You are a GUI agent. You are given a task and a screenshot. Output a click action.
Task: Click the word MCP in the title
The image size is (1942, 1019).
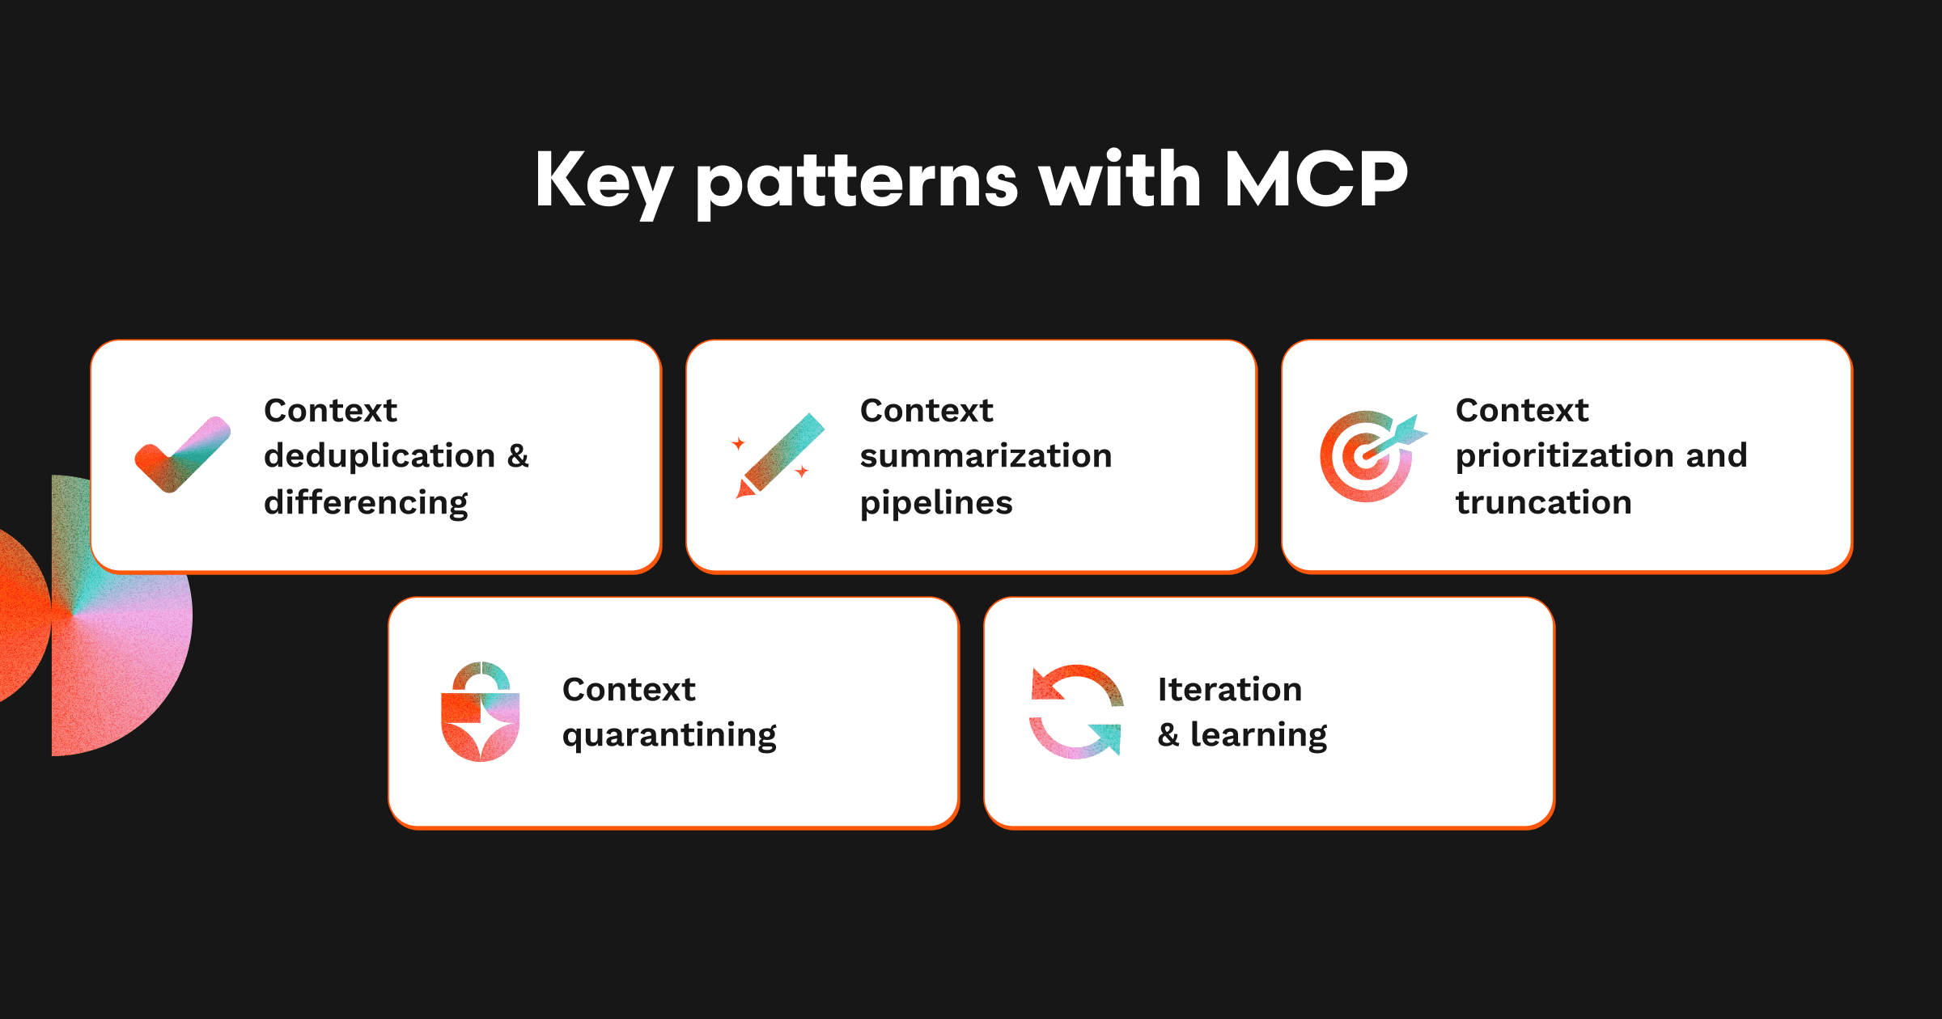coord(1316,179)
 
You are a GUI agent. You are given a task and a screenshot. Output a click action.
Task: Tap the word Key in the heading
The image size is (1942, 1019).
coord(604,184)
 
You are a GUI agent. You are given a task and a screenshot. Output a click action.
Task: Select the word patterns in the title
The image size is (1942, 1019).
coord(857,184)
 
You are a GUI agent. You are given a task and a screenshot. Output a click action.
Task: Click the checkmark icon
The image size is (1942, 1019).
coord(183,455)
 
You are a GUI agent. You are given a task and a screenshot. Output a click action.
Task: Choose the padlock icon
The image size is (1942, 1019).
coord(480,712)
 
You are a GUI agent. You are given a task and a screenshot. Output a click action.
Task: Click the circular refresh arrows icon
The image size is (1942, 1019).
coord(1076,712)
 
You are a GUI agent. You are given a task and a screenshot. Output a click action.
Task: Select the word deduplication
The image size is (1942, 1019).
coord(379,455)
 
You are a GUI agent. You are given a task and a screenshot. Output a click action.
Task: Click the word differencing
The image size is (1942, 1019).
coord(366,503)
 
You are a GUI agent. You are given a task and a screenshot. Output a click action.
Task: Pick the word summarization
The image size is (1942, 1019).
coord(986,456)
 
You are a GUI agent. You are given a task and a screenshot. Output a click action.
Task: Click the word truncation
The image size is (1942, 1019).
coord(1543,503)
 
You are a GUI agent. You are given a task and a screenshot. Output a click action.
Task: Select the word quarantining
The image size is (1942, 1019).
coord(669,736)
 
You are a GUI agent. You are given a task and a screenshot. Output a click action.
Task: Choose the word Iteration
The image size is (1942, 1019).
coord(1230,689)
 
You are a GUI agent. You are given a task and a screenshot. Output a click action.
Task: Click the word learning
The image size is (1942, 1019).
coord(1259,735)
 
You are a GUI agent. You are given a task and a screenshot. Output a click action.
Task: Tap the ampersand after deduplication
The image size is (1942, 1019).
coord(518,456)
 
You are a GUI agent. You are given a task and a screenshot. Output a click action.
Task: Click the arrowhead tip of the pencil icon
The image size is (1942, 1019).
coord(737,497)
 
